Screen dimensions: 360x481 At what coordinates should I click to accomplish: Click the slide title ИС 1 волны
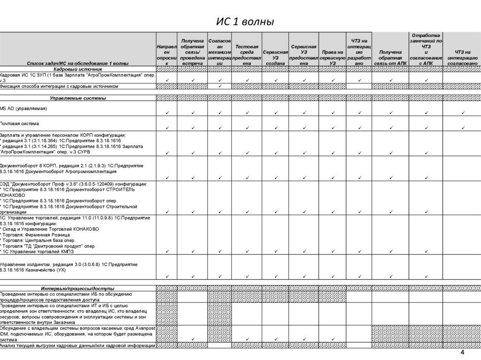pos(244,22)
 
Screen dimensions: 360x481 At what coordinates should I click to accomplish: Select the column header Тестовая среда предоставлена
pos(247,54)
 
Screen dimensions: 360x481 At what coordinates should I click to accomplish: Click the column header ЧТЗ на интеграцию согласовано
pos(462,57)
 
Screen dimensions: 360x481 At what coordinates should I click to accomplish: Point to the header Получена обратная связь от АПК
pos(390,57)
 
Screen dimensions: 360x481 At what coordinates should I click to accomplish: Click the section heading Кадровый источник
pos(78,69)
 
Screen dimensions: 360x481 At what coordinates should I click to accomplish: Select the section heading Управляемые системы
pos(78,98)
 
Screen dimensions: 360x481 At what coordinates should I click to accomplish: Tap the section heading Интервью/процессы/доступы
pos(78,288)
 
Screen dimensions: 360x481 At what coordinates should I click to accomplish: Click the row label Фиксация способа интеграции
pos(59,86)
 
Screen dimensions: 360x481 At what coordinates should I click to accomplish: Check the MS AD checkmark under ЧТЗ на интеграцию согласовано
pos(463,113)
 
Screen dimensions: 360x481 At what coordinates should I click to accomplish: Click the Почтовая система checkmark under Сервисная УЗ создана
pos(276,128)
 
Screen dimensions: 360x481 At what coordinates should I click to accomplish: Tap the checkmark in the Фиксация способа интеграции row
pos(219,86)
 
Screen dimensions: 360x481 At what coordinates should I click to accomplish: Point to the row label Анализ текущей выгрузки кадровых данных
pos(78,345)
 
